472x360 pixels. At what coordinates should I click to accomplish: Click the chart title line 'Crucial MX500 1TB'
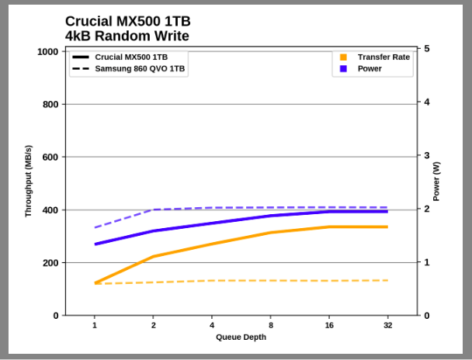point(127,22)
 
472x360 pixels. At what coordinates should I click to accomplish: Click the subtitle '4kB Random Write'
point(127,36)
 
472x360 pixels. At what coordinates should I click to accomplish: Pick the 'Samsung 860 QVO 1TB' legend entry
point(140,69)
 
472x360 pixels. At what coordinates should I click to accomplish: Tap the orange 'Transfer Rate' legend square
point(343,57)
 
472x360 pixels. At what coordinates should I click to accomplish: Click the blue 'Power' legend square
point(343,69)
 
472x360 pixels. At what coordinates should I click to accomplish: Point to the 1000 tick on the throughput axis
point(49,51)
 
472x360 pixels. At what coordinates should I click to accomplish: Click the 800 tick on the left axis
point(51,104)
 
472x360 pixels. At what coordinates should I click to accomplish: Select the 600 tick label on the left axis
point(51,157)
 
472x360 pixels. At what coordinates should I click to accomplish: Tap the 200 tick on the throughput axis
point(51,263)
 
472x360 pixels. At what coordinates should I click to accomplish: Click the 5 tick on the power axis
point(427,49)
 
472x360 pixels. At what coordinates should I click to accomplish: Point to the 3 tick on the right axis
point(427,155)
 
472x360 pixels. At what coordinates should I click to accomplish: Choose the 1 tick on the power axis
point(427,262)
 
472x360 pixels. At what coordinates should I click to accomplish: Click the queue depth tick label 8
point(270,325)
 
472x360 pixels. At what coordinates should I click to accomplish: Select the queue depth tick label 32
point(387,325)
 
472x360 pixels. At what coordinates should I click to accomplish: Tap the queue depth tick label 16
point(329,325)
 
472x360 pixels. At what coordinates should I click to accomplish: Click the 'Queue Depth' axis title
point(241,337)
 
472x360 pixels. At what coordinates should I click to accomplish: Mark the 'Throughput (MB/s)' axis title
point(29,181)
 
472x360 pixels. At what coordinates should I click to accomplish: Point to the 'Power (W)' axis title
point(436,181)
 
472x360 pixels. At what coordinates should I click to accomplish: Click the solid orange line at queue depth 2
point(154,256)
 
